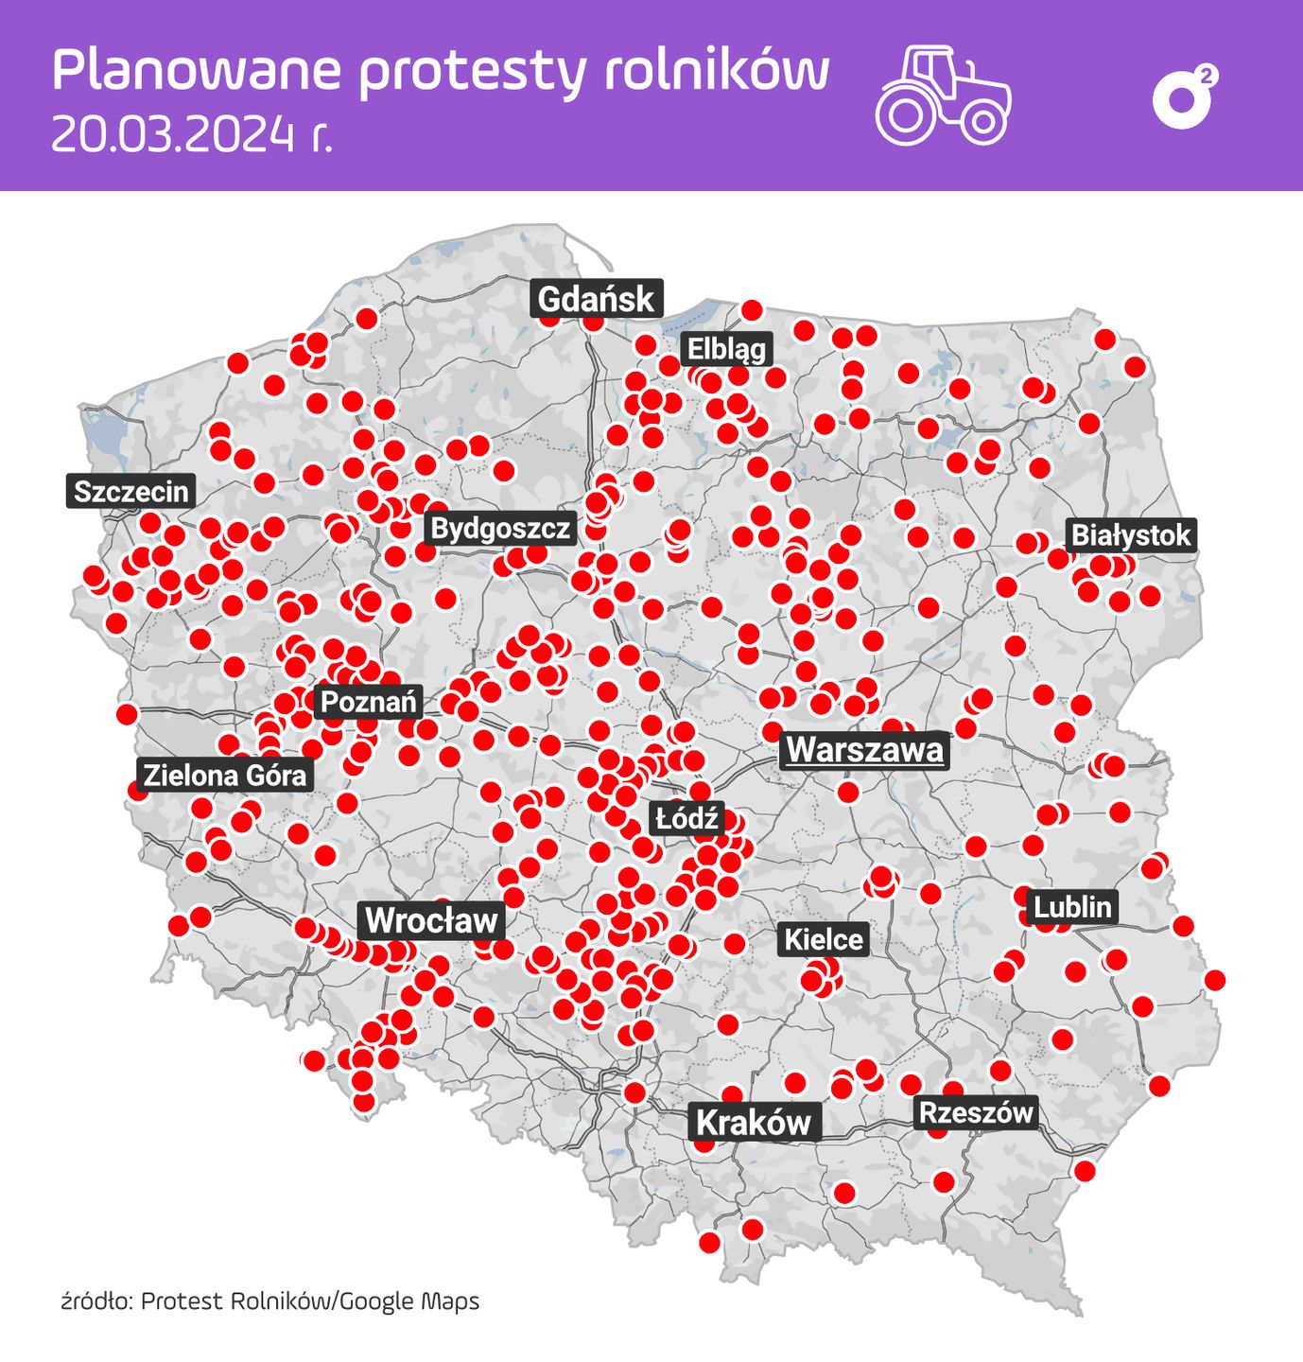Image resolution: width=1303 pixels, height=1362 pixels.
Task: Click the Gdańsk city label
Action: [596, 299]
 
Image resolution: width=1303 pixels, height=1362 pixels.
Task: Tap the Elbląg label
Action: [726, 349]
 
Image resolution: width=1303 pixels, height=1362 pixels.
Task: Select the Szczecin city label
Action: [131, 492]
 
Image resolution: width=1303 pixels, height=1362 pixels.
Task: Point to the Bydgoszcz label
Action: [500, 528]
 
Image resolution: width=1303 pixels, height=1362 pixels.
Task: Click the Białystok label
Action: [1130, 535]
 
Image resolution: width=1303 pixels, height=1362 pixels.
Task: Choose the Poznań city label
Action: [368, 702]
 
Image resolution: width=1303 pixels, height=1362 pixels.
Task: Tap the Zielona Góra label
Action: [225, 776]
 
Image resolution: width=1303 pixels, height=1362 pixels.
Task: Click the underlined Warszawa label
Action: [864, 749]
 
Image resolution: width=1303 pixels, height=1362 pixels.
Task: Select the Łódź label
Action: [686, 818]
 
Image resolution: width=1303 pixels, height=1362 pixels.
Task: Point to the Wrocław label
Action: [431, 919]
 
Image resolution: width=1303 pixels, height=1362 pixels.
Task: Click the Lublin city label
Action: [1071, 907]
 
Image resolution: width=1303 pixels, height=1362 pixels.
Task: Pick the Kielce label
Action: [824, 939]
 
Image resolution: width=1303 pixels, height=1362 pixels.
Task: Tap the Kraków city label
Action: [754, 1122]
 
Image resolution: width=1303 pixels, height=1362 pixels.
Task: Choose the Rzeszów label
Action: [976, 1111]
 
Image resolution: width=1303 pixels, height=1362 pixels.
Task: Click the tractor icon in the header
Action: [943, 96]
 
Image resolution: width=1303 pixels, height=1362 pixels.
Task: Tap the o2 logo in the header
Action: [1184, 97]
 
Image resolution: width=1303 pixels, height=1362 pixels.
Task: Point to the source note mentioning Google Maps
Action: [270, 1301]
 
